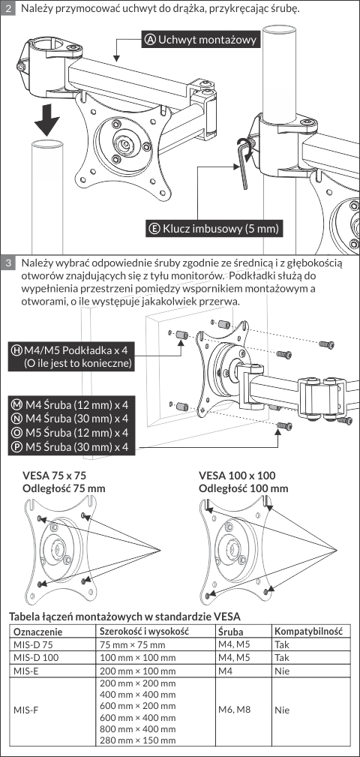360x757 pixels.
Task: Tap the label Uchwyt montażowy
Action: click(x=201, y=39)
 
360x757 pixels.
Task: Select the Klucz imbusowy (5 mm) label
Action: click(x=215, y=228)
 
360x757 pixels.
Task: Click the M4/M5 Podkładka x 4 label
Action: click(x=71, y=356)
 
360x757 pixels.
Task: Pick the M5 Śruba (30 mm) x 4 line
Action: click(x=71, y=448)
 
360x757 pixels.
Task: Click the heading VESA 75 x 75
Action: click(x=55, y=475)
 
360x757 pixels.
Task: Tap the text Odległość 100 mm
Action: click(x=244, y=488)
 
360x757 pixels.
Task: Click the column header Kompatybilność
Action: click(x=308, y=632)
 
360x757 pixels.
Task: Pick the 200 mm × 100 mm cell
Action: click(x=137, y=671)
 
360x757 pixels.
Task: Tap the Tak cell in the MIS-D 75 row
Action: click(x=281, y=644)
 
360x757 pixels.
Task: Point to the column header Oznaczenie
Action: click(x=38, y=632)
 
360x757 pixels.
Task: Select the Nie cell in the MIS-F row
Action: click(x=282, y=710)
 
